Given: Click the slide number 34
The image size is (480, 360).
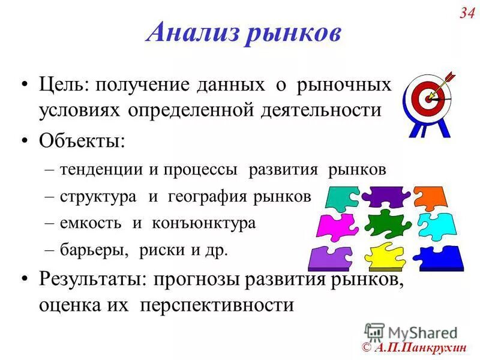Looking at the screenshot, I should [x=467, y=13].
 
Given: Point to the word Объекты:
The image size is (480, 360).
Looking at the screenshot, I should [x=82, y=141].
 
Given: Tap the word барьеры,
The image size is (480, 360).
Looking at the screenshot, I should [x=95, y=250].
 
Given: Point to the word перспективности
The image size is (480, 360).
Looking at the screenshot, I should [x=217, y=305].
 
